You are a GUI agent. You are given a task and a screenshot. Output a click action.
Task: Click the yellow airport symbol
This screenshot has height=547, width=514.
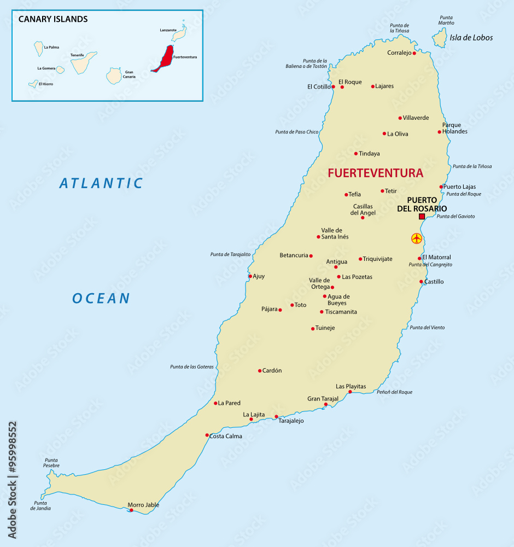click(417, 238)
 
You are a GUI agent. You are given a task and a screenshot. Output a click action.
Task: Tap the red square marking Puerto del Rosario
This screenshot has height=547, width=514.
click(422, 217)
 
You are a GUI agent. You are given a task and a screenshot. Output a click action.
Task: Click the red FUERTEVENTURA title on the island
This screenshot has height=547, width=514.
click(375, 173)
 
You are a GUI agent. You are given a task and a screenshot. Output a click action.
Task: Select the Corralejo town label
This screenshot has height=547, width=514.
click(399, 53)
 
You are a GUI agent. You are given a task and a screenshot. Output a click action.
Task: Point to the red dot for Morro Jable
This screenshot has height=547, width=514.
click(131, 510)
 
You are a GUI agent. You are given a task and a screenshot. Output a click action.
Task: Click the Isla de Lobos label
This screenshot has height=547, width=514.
click(471, 38)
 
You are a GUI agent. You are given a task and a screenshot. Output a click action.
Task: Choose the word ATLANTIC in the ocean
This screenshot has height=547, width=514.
click(101, 183)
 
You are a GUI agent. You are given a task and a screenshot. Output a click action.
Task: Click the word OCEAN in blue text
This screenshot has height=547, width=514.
click(101, 298)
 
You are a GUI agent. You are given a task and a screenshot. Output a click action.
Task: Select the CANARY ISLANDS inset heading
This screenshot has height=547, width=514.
click(53, 19)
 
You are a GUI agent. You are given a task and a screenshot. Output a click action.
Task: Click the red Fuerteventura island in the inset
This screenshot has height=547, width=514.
click(163, 59)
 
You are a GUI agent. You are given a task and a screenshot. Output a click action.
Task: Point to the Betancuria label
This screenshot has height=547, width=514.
click(294, 255)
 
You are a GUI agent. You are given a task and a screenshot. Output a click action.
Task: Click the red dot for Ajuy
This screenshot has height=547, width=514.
click(250, 276)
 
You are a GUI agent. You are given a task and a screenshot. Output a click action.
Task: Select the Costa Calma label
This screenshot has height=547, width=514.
click(225, 436)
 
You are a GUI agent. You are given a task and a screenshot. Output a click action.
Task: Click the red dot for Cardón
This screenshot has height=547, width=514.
click(260, 371)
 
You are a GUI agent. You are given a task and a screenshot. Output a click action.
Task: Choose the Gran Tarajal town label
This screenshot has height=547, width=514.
click(323, 399)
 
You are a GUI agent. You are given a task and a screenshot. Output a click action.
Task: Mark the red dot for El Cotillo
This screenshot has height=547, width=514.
click(333, 86)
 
